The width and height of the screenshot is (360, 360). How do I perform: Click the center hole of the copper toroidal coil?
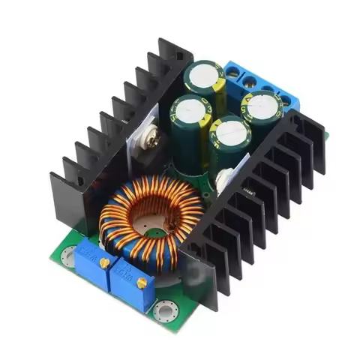tap(150, 217)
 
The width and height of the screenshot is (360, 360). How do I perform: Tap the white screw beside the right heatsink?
tap(224, 178)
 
